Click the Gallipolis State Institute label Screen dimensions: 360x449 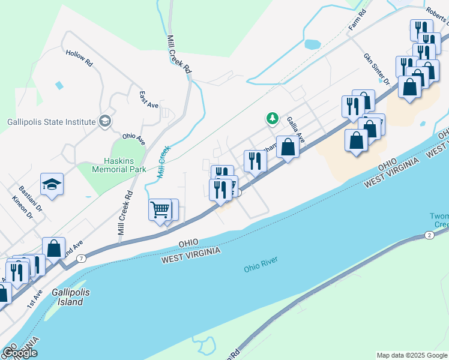pos(52,122)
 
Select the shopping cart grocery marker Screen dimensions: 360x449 pos(160,210)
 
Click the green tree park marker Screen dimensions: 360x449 pos(273,118)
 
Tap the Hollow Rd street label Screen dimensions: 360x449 pos(80,58)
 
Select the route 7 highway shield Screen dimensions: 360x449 pos(81,258)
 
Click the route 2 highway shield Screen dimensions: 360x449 pos(429,235)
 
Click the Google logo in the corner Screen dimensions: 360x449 pos(20,353)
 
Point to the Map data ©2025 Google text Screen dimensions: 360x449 pos(411,355)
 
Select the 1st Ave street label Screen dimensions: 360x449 pos(35,299)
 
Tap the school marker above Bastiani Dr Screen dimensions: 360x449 pos(52,184)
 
